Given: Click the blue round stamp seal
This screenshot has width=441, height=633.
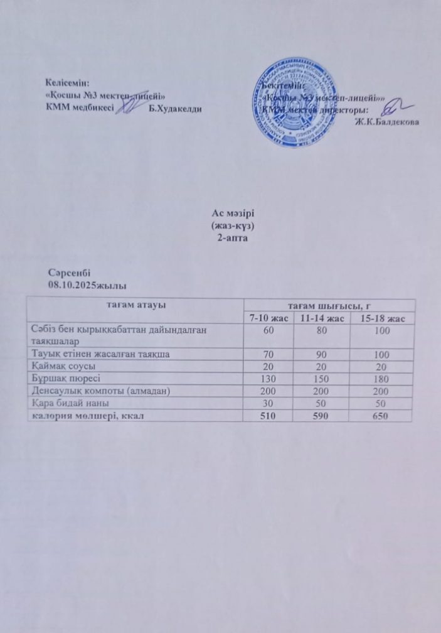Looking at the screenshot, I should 293,102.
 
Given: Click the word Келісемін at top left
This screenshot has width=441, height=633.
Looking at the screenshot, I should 67,82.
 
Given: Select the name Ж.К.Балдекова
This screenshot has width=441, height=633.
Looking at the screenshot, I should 386,121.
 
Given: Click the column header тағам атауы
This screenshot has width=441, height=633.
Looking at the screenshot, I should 135,305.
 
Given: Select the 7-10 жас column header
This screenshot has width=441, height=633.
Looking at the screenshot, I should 268,319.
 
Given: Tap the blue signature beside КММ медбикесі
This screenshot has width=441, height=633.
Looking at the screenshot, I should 128,109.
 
